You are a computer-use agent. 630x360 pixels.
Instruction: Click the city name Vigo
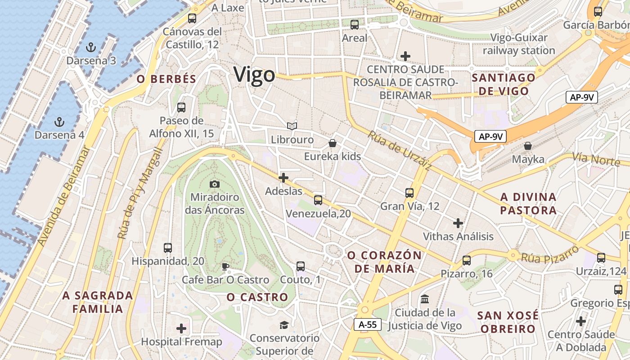click(254, 74)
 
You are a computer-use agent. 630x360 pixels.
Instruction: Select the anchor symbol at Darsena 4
click(59, 121)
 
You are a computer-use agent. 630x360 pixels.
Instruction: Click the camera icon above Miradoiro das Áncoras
click(215, 184)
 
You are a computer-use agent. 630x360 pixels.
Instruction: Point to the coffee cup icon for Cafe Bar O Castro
click(225, 267)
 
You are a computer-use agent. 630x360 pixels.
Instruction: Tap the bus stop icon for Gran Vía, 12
click(409, 193)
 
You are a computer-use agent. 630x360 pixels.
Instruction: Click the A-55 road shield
click(367, 324)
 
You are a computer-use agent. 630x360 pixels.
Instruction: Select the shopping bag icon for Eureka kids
click(333, 143)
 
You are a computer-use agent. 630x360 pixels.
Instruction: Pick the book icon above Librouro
click(292, 126)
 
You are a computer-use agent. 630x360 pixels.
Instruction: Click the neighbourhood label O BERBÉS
click(166, 79)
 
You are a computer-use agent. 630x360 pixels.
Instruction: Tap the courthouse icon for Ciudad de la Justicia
click(424, 299)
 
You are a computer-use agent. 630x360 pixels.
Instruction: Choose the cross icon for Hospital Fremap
click(181, 328)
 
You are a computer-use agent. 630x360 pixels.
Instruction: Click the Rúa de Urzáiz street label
click(400, 150)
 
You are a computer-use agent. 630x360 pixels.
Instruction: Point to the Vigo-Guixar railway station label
click(519, 44)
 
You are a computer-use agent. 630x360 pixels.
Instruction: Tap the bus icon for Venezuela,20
click(318, 200)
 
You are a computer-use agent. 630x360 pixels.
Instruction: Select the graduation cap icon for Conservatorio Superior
click(284, 325)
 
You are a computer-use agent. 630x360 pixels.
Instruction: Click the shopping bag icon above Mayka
click(528, 146)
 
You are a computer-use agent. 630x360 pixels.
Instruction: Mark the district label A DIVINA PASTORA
click(528, 204)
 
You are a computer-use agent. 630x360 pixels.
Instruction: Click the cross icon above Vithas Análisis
click(458, 223)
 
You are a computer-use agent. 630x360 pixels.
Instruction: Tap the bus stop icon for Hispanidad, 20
click(168, 248)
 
